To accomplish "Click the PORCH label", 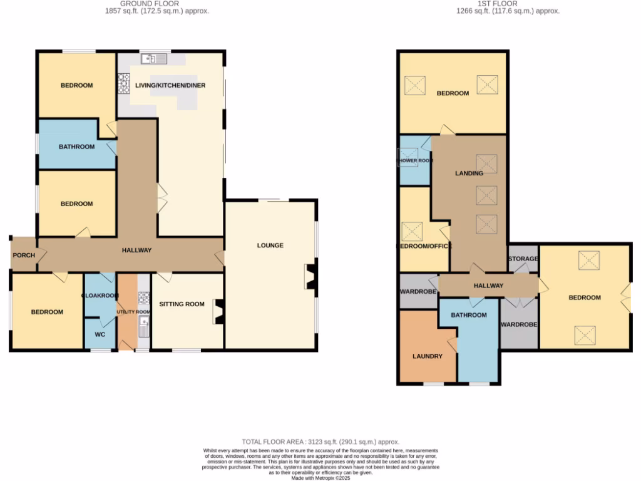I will coord(23,256).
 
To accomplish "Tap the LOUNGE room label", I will coord(270,246).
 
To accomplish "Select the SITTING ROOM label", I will coord(182,304).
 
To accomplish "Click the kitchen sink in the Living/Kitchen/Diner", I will coord(154,59).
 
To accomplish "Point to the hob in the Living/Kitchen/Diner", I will coord(123,84).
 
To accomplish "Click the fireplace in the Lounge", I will coord(310,277).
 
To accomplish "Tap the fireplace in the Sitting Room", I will coord(218,312).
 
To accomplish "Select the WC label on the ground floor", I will coord(100,334).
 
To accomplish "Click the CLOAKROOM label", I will coord(100,295).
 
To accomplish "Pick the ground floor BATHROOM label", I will coord(77,147).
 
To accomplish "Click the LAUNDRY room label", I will coord(428,356).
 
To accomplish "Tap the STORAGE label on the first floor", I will coord(523,259).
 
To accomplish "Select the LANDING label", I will coord(469,173).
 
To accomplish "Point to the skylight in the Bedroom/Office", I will coord(413,231).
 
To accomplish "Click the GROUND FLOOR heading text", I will coord(145,4).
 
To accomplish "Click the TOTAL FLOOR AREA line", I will coord(320,442).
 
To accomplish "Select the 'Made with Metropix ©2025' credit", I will coord(320,477).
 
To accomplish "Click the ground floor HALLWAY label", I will coord(136,251).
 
